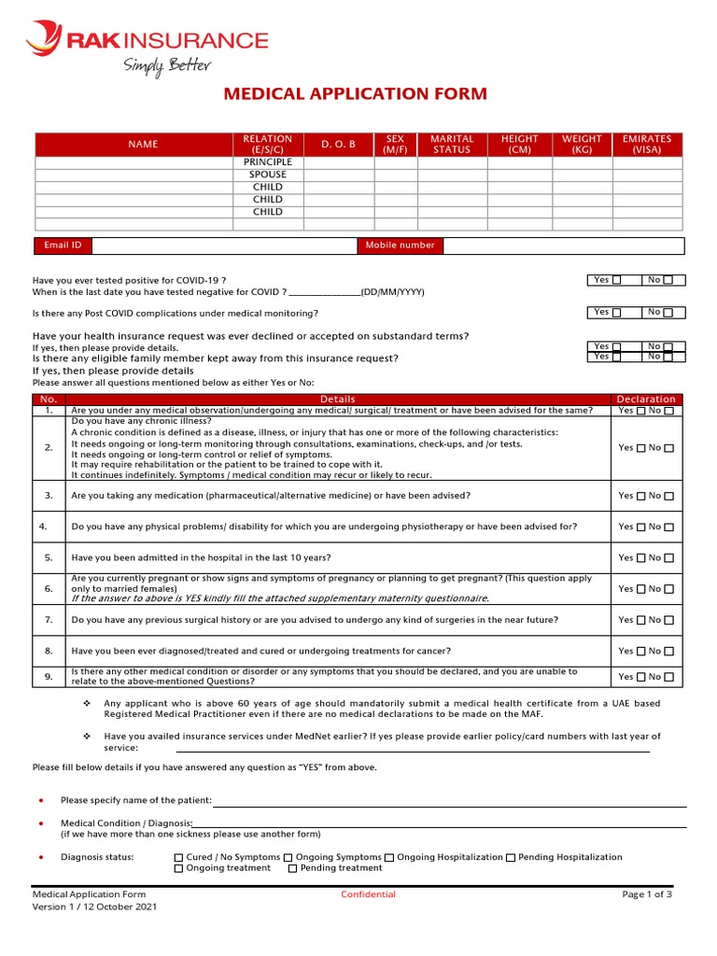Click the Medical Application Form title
(x=354, y=94)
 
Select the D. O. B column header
(x=338, y=145)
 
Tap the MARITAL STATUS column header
(x=452, y=145)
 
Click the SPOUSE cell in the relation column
(x=268, y=175)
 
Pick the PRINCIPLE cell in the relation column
(x=268, y=162)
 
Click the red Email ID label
(x=63, y=246)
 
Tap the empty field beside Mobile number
(x=563, y=246)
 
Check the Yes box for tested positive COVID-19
(x=616, y=280)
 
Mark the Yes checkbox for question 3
(x=640, y=497)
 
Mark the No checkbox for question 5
(x=669, y=558)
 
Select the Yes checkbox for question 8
(x=640, y=652)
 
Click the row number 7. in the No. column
(x=49, y=620)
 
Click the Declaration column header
(x=646, y=400)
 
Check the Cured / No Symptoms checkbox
(x=179, y=857)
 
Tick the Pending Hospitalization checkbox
(x=511, y=857)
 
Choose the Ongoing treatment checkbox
(x=179, y=868)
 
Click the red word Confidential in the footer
(x=368, y=894)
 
